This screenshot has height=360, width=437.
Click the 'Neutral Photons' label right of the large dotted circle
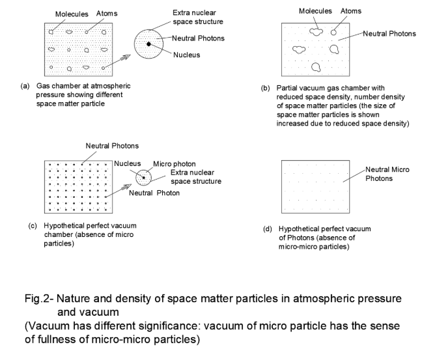199,38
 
